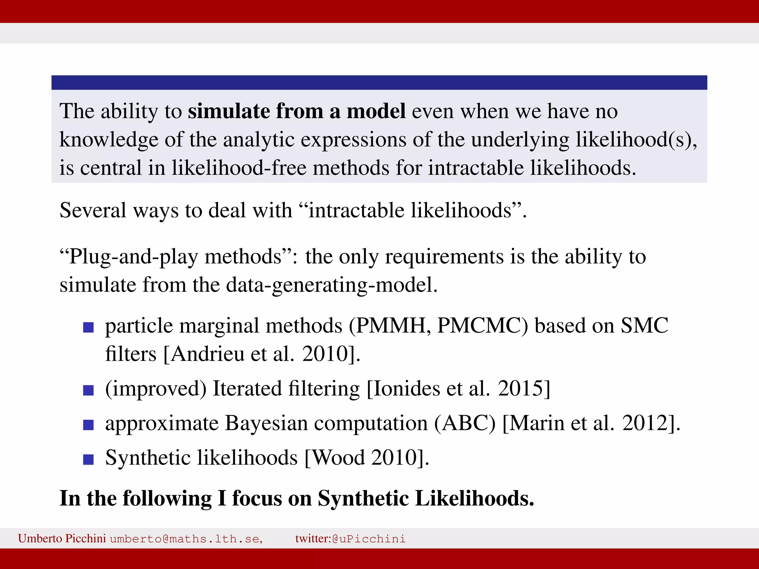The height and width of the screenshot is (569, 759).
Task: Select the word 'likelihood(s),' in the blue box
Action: tap(636, 140)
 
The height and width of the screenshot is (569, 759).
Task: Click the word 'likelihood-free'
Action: tap(239, 168)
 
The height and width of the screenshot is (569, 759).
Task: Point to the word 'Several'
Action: tap(93, 210)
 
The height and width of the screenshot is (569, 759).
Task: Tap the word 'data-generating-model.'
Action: tap(332, 285)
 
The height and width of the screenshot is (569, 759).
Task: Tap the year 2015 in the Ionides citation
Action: tap(521, 389)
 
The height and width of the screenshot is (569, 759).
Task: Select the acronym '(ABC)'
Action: tap(465, 423)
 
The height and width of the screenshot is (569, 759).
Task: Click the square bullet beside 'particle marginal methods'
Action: tap(88, 327)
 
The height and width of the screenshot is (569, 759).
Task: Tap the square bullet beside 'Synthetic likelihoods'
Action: tap(88, 459)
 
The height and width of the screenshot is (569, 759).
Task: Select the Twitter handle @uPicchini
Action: tap(369, 539)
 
